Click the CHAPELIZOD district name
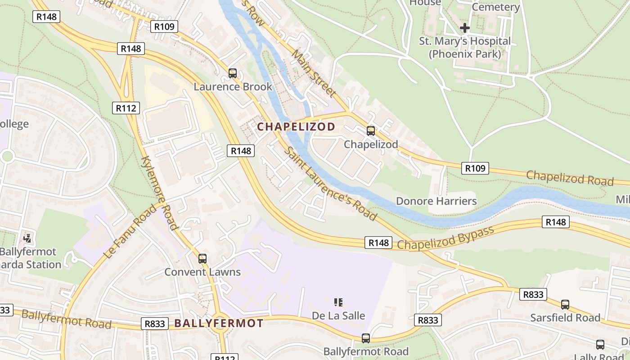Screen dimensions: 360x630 click(x=296, y=127)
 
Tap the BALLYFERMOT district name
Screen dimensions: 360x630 click(x=219, y=323)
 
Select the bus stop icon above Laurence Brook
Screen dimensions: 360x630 click(x=233, y=73)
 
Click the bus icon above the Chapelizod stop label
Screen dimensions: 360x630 click(x=371, y=131)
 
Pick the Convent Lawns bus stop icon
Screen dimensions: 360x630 click(x=202, y=259)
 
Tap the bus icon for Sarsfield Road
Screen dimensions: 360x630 click(x=565, y=305)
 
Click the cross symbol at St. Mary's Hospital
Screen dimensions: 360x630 click(x=465, y=28)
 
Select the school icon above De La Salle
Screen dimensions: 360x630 click(x=338, y=302)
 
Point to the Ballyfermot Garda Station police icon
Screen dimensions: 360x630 click(x=28, y=238)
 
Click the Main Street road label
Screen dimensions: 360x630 click(x=314, y=73)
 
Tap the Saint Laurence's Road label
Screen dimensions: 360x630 click(x=331, y=184)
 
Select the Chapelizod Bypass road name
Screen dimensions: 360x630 click(x=445, y=238)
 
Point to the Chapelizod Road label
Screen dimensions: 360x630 click(x=570, y=178)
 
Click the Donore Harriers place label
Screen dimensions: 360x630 click(x=436, y=201)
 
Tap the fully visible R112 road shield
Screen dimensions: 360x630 click(x=126, y=108)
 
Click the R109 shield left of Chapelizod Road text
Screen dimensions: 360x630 click(x=475, y=168)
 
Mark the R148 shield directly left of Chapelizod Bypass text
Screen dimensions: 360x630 click(x=378, y=243)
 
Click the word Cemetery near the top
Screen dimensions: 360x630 click(x=496, y=7)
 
